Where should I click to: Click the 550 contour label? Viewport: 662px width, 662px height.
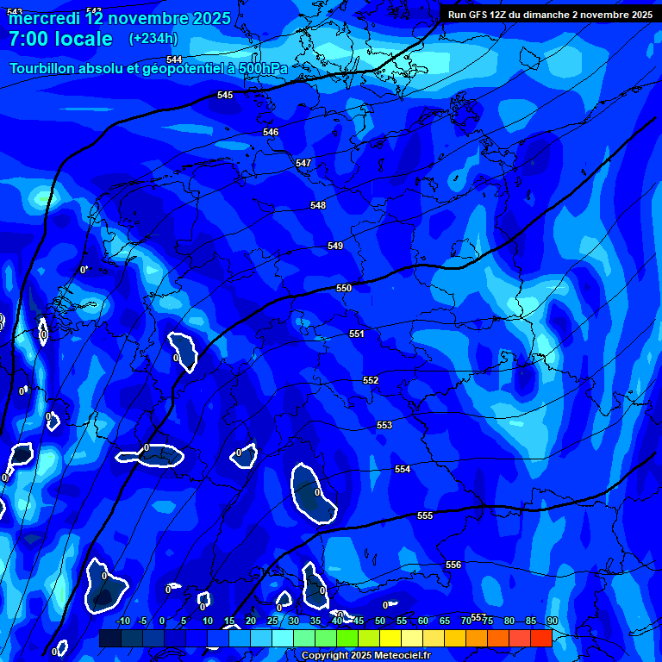click(x=344, y=288)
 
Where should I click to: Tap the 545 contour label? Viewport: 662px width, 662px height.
click(x=225, y=95)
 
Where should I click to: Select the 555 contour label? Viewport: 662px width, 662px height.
click(x=425, y=515)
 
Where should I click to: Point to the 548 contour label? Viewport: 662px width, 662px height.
click(x=318, y=205)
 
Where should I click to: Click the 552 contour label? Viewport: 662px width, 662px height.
click(x=371, y=380)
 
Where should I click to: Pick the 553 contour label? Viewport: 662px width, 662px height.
click(x=384, y=425)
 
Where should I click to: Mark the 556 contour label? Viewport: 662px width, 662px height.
click(x=453, y=565)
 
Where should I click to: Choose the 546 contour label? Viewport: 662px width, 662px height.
click(x=271, y=132)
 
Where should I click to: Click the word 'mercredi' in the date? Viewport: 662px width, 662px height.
click(x=44, y=18)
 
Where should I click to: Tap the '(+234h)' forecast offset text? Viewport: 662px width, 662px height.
click(x=153, y=39)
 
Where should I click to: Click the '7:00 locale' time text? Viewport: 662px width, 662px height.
click(x=60, y=39)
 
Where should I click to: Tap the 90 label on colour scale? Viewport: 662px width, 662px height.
click(x=552, y=621)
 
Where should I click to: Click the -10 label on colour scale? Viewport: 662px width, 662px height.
click(x=122, y=621)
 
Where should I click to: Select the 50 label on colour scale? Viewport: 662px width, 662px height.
click(x=379, y=621)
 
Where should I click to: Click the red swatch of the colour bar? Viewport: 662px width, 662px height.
click(x=540, y=638)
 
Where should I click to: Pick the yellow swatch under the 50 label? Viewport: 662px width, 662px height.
click(x=390, y=638)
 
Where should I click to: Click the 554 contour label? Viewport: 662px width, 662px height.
click(x=403, y=469)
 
